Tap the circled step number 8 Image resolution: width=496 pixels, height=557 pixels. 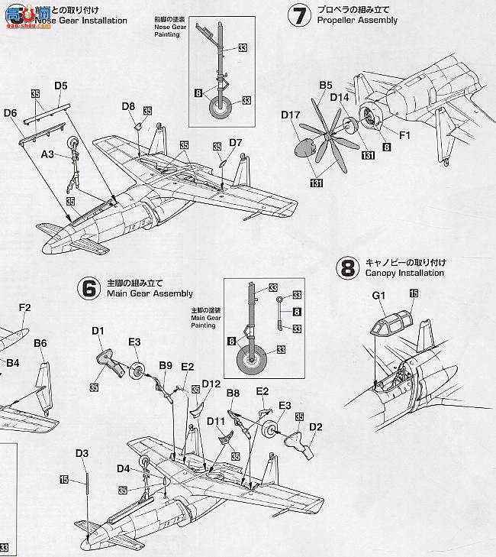(x=347, y=267)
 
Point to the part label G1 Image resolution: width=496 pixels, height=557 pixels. (x=379, y=295)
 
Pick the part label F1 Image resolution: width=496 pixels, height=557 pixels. (x=404, y=135)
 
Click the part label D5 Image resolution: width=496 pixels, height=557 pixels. (x=61, y=86)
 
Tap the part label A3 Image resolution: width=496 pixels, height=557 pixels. (x=47, y=154)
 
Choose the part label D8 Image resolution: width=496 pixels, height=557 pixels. (x=128, y=106)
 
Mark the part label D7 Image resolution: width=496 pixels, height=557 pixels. (x=235, y=142)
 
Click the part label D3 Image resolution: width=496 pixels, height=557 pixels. (x=82, y=454)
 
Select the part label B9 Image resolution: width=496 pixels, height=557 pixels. (x=166, y=366)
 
